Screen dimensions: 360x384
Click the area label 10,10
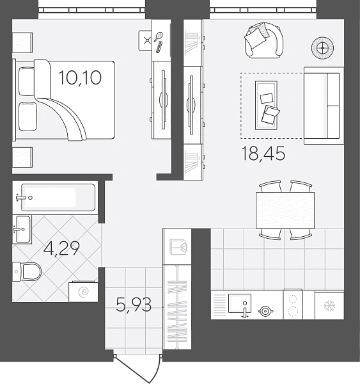tap(80, 77)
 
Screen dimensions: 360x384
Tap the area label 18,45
tap(263, 154)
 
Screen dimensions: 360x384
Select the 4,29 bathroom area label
tap(61, 248)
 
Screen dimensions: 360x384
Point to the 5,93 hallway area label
tap(134, 305)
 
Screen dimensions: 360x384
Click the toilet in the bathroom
tap(26, 271)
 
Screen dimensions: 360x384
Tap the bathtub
tap(58, 197)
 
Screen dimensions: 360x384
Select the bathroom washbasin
tap(22, 229)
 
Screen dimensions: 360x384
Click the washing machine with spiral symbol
tap(84, 291)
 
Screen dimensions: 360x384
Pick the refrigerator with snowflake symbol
tap(329, 305)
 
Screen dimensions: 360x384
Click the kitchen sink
tap(240, 303)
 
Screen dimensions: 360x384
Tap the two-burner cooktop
tap(293, 305)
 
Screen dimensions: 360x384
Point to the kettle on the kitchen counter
tap(265, 311)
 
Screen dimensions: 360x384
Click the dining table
tap(285, 210)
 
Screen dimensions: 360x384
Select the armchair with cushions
tap(264, 40)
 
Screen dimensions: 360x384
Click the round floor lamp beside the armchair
tap(323, 48)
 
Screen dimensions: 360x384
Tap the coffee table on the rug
tap(266, 106)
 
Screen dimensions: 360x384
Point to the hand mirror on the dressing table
tap(158, 36)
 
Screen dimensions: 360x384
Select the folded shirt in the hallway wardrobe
tap(178, 246)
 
